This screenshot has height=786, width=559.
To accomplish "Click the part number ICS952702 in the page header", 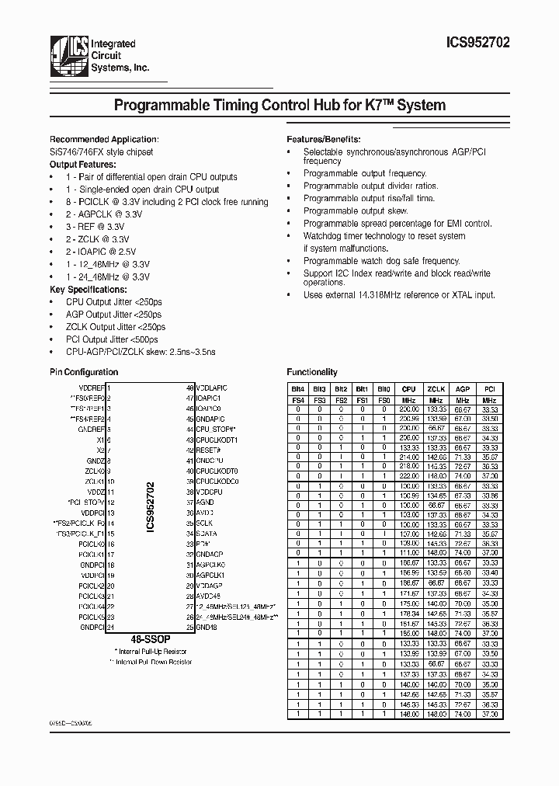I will [x=479, y=46].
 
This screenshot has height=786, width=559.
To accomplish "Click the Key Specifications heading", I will [x=86, y=290].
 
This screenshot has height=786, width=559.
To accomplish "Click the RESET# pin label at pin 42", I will [x=209, y=450].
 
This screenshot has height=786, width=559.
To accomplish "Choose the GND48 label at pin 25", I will [x=207, y=627].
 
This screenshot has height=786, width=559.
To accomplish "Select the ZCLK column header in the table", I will [x=436, y=389].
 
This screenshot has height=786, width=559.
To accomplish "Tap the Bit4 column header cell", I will [x=297, y=389].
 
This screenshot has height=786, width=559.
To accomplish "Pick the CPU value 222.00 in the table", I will [x=409, y=476].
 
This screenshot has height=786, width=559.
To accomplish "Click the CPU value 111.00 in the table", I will [x=409, y=551].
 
